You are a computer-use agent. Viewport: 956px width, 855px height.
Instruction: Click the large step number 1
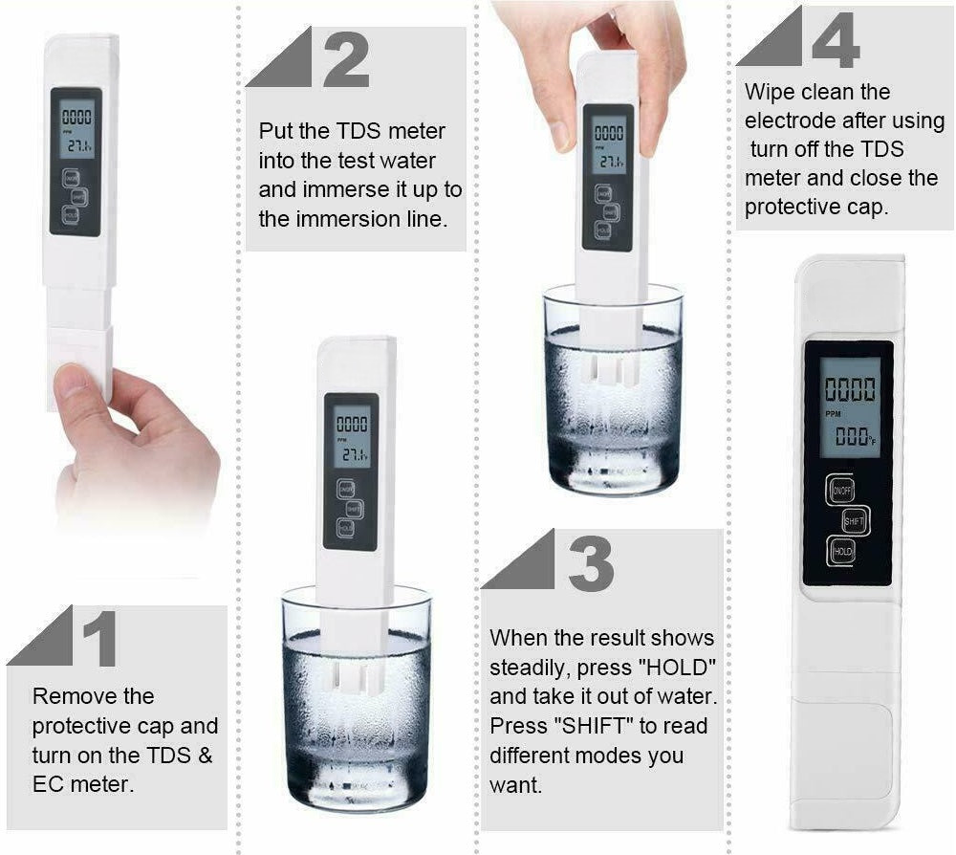[x=100, y=639]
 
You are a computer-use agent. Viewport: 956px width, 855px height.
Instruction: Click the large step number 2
[x=346, y=59]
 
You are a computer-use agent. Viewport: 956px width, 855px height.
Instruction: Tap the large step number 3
[x=591, y=563]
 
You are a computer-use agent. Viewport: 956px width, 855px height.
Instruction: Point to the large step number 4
[x=836, y=39]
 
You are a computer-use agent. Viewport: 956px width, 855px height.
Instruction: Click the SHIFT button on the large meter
[x=854, y=521]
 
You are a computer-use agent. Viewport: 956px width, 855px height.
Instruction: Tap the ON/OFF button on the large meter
[x=841, y=490]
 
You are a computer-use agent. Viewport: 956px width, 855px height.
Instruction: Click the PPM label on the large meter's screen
[x=833, y=414]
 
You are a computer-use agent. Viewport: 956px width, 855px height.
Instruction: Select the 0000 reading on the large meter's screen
[x=850, y=389]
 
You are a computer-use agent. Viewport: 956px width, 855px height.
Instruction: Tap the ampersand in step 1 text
[x=206, y=755]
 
